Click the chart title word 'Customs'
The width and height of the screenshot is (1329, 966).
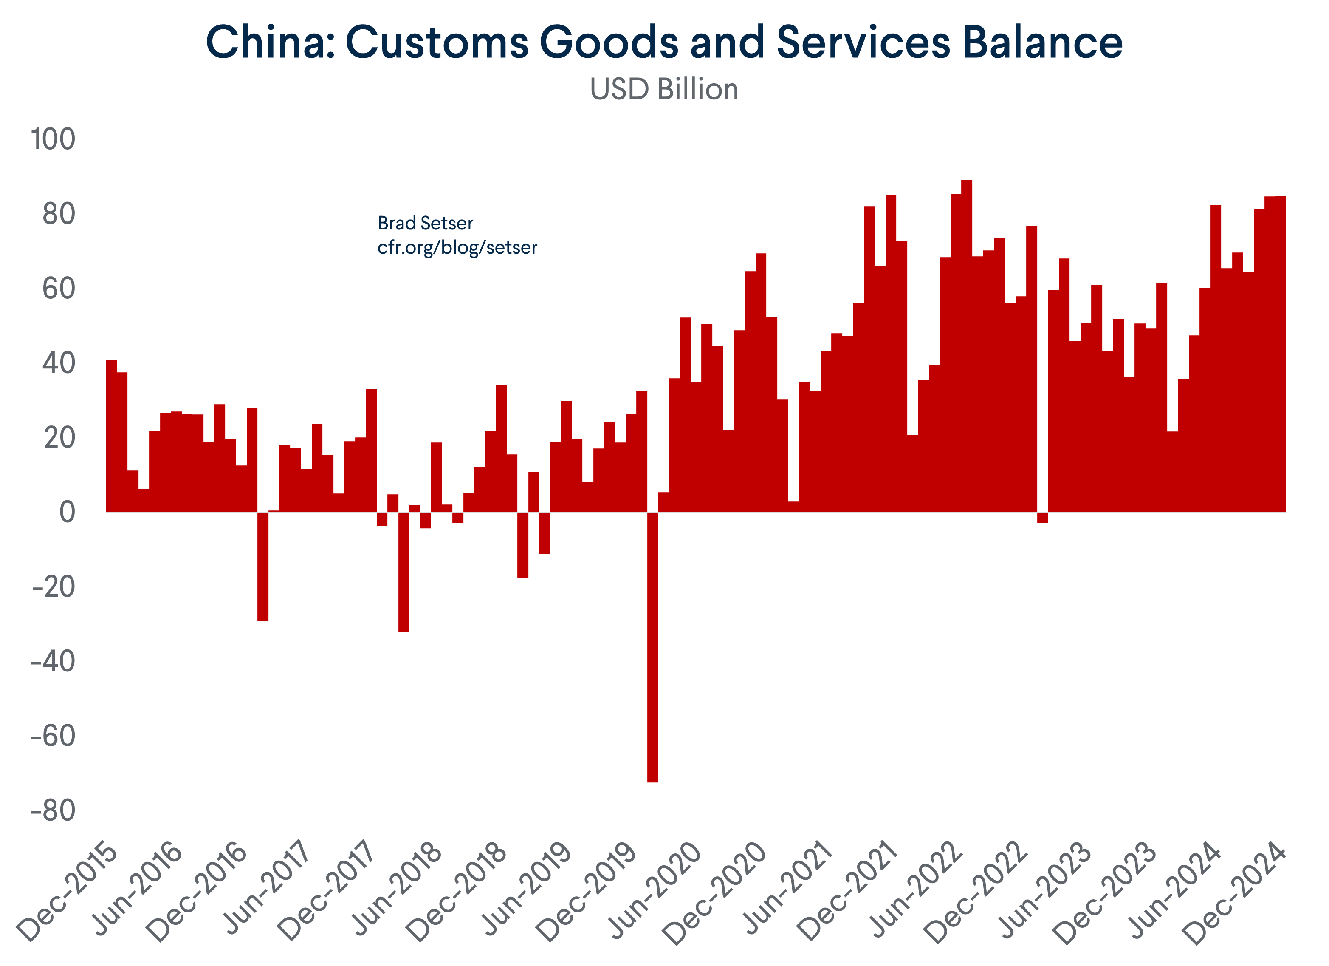pos(437,42)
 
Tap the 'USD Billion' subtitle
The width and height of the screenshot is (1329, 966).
pos(664,90)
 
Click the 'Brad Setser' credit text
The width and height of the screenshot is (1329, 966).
pos(426,223)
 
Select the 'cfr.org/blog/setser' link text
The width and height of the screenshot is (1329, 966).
pos(457,247)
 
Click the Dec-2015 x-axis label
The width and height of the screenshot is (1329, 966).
pos(68,891)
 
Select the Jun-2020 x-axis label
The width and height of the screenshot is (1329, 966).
pos(655,891)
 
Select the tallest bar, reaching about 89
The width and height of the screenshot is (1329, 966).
pos(967,346)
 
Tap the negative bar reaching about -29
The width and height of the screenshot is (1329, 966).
pos(263,566)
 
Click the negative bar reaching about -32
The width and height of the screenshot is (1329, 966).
pos(404,572)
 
